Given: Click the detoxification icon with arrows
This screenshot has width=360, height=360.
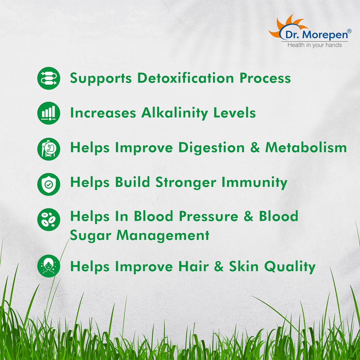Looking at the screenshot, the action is (x=49, y=78).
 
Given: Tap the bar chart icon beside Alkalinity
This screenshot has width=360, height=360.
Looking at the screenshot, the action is (x=49, y=113).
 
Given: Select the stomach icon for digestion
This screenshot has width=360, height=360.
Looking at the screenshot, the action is (x=49, y=149).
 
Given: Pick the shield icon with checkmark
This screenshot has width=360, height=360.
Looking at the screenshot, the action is (x=49, y=184).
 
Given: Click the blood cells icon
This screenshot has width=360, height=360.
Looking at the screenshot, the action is (x=49, y=220).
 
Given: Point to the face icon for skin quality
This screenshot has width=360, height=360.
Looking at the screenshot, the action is (x=49, y=266).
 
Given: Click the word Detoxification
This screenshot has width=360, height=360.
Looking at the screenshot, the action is (x=185, y=78).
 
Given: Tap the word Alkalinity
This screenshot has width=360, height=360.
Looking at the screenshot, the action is (x=175, y=113).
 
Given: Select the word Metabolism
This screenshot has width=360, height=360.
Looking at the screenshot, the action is (x=306, y=148).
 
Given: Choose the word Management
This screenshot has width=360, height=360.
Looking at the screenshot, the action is (x=163, y=235).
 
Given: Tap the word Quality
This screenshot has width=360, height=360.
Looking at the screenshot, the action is (x=290, y=267).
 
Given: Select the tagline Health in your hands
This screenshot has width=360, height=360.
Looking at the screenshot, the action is (x=315, y=45).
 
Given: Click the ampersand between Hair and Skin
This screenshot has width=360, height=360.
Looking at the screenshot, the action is (x=219, y=266).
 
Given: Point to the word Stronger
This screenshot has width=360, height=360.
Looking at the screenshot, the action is (x=186, y=183).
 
